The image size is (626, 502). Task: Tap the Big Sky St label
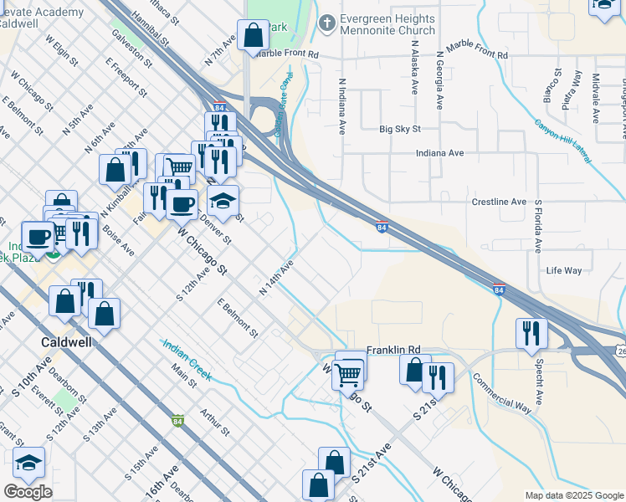click(399, 130)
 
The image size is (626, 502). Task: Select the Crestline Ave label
click(499, 202)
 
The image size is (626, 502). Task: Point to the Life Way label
click(563, 271)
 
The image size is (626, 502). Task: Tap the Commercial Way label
click(501, 391)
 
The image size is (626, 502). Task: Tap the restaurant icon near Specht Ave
click(531, 332)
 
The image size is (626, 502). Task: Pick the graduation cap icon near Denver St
click(223, 201)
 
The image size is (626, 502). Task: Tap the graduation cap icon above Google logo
click(29, 462)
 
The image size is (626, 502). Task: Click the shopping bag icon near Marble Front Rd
click(253, 35)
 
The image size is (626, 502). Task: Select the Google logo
click(28, 492)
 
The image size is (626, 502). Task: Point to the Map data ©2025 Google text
click(574, 495)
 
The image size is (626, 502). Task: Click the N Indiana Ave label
click(342, 107)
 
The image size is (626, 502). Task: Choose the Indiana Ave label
click(439, 154)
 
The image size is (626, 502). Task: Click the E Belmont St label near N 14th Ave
click(237, 318)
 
